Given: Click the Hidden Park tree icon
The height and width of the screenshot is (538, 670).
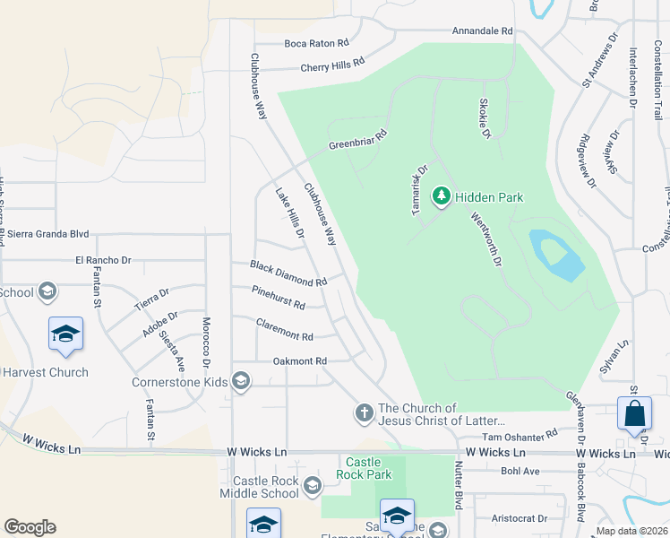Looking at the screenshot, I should pos(441,195).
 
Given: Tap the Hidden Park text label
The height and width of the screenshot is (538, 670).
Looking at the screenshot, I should pos(488,196).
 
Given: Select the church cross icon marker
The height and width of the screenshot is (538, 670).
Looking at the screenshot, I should pos(364,413).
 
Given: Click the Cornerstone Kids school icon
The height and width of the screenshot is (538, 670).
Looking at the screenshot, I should pos(240,381).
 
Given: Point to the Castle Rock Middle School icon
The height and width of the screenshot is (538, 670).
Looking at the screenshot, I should pos(312,487).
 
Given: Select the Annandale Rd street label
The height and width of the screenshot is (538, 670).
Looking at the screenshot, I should pos(482,30).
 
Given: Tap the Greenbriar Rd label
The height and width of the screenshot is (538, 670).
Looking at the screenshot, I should pos(356,140).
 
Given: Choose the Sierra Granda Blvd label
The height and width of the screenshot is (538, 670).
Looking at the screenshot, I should pos(48,234).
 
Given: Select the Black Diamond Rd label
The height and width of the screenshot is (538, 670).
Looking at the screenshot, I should pos(288,273).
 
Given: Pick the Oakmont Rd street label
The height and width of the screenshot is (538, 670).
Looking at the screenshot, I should pos(299,360).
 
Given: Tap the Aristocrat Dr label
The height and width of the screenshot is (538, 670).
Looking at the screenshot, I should pos(519,518).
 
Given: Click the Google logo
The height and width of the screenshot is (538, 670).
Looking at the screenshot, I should pos(30,527).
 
